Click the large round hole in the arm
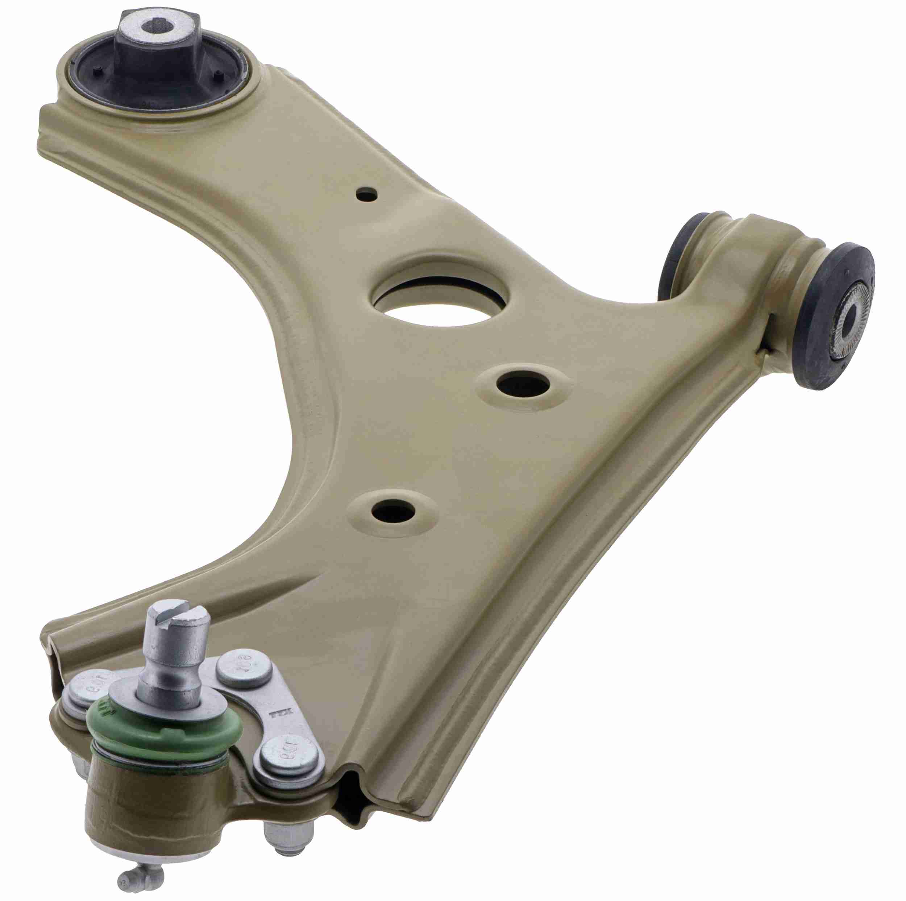[x=440, y=302]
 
